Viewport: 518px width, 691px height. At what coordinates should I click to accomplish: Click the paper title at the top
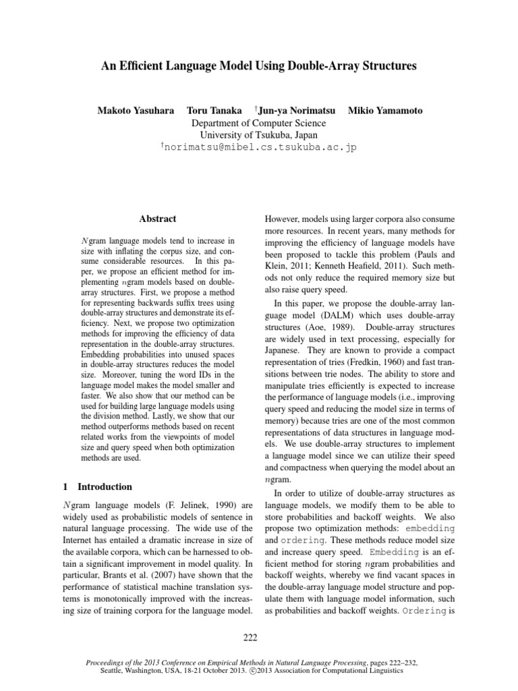pyautogui.click(x=259, y=66)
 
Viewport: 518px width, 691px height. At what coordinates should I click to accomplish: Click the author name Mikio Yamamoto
pyautogui.click(x=383, y=109)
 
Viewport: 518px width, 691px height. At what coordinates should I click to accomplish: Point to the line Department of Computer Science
pyautogui.click(x=259, y=123)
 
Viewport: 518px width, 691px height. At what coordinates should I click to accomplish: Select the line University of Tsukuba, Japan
pyautogui.click(x=259, y=135)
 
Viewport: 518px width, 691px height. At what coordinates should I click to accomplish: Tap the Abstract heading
pyautogui.click(x=157, y=219)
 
